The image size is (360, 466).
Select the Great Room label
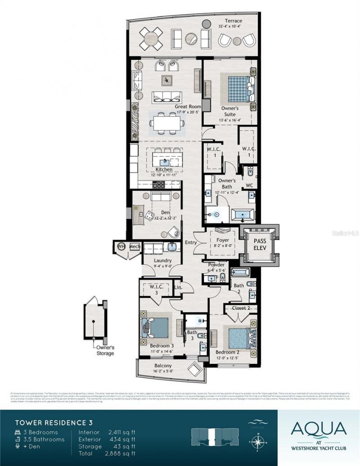click(x=188, y=107)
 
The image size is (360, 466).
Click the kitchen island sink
click(x=164, y=160)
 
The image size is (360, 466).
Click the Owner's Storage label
click(x=104, y=350)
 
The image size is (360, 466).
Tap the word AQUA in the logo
click(x=319, y=428)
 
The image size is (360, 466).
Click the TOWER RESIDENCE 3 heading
click(x=51, y=422)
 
